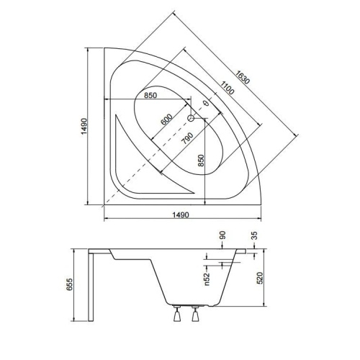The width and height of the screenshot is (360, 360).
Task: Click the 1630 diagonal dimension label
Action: (242, 77)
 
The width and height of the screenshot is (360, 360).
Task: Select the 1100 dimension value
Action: (227, 88)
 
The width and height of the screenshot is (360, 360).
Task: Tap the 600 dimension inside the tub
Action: (166, 120)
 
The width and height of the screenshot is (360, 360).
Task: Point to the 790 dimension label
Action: (187, 138)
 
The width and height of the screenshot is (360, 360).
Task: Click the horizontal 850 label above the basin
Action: (150, 95)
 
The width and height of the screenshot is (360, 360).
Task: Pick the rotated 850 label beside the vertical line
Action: (201, 161)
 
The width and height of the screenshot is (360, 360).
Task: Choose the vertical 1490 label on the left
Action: (84, 126)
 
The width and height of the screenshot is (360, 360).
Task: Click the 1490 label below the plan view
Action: (181, 215)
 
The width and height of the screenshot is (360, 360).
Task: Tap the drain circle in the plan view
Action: (191, 118)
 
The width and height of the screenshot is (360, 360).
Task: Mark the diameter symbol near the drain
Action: (205, 104)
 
